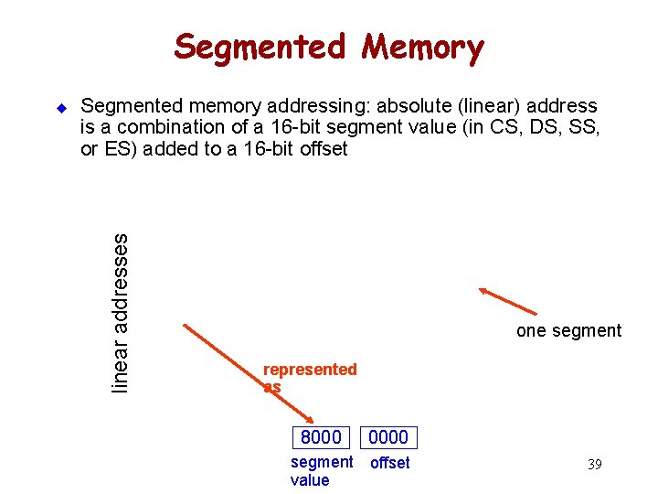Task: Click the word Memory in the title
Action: click(x=421, y=46)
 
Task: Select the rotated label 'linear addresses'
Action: click(x=120, y=313)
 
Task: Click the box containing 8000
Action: click(x=321, y=437)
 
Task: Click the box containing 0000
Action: click(x=388, y=437)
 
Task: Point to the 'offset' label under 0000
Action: click(x=389, y=463)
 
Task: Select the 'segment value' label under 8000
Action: click(x=320, y=471)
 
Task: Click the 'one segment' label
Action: click(x=568, y=331)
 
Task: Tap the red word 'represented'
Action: click(x=310, y=370)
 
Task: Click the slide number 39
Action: click(x=594, y=465)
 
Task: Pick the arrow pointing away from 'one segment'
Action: click(x=508, y=301)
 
